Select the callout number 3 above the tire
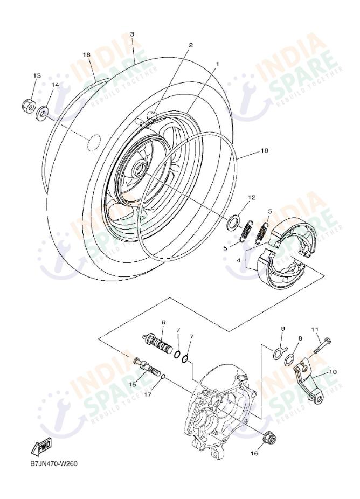click(132, 34)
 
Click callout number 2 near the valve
click(190, 45)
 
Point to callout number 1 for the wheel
click(217, 64)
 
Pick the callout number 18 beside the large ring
click(264, 151)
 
